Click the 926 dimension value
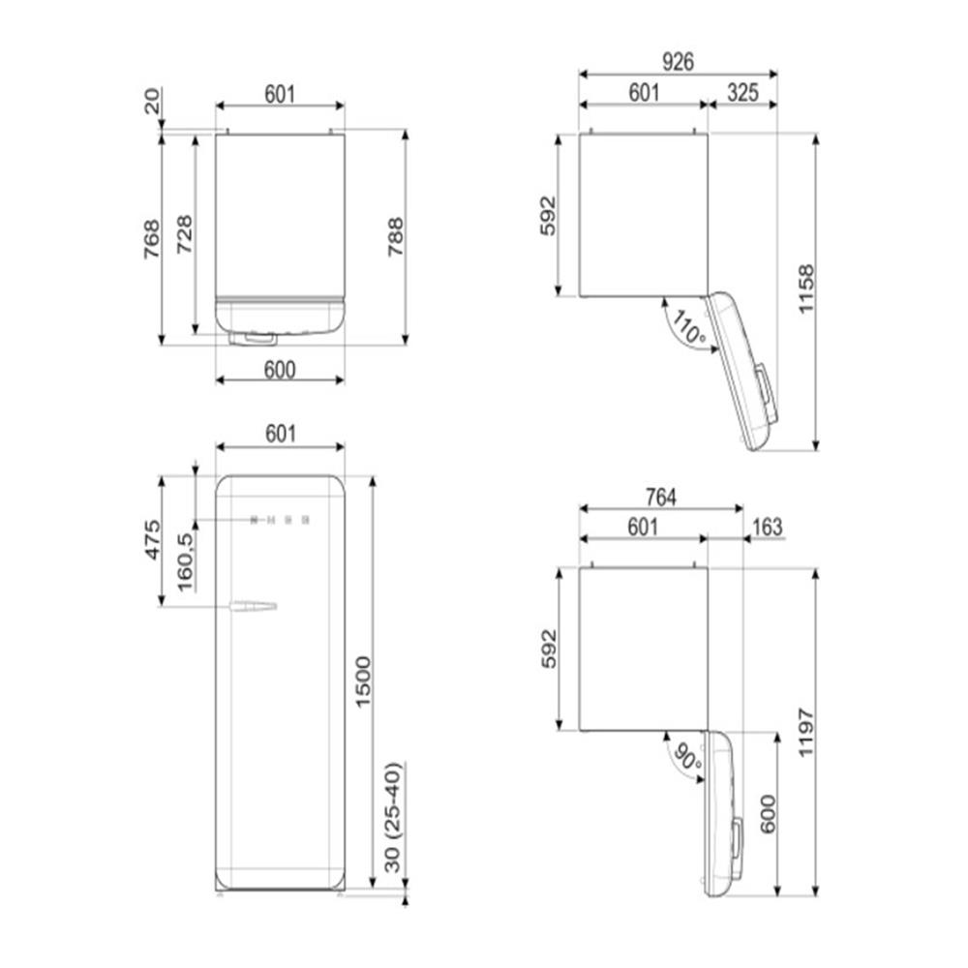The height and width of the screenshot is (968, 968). coord(678,62)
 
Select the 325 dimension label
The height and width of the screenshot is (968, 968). coord(742,93)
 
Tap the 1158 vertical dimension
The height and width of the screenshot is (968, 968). coord(806,289)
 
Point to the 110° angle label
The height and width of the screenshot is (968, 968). coord(689,328)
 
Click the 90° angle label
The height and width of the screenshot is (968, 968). coord(686,757)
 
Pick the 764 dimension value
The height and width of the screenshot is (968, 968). coord(660,497)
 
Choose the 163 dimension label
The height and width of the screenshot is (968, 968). coord(768,528)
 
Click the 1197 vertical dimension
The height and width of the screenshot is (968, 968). coord(806,732)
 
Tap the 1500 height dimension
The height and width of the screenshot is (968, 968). coord(362,682)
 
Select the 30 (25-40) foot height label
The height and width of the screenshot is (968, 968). coord(393,818)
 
